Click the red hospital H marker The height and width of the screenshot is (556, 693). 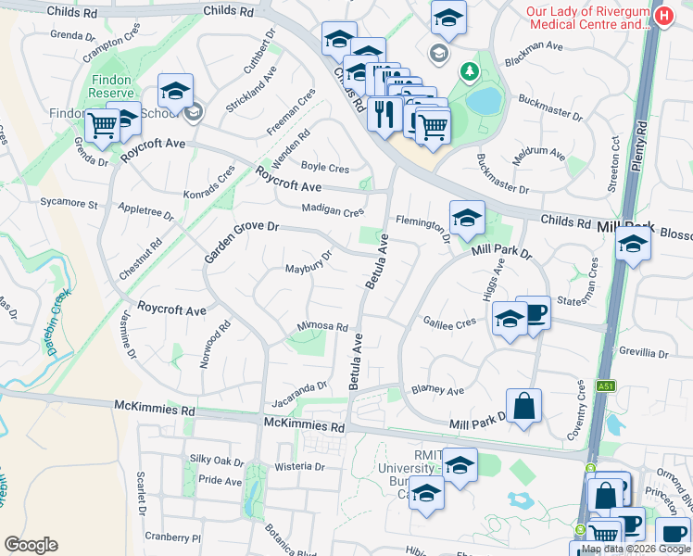(x=663, y=17)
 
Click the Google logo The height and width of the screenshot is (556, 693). (x=31, y=545)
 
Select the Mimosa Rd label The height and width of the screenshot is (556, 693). (x=321, y=327)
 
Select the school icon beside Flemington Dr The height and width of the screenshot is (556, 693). (x=467, y=219)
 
